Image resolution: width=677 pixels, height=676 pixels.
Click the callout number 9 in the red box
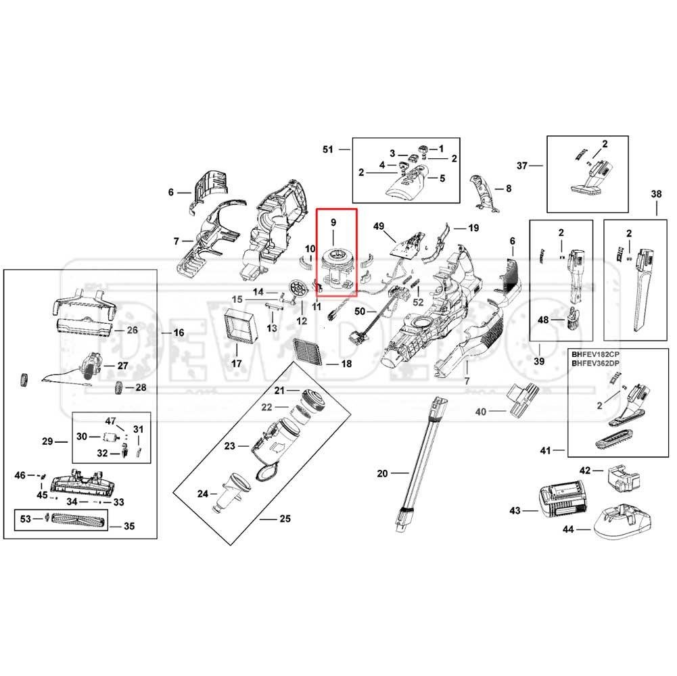333,223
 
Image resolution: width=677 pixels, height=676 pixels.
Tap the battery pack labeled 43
562,501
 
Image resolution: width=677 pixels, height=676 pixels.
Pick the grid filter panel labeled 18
308,352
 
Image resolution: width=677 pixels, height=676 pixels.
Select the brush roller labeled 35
78,519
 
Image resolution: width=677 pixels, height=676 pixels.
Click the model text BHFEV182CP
595,354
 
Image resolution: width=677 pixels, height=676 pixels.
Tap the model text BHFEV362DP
595,364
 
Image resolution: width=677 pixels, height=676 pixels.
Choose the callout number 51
328,149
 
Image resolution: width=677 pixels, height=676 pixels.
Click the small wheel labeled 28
119,388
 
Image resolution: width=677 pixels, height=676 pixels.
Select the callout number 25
285,518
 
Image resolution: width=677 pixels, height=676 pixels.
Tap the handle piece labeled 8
484,193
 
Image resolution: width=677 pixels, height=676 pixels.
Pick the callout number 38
656,194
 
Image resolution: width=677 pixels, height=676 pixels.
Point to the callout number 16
179,333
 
